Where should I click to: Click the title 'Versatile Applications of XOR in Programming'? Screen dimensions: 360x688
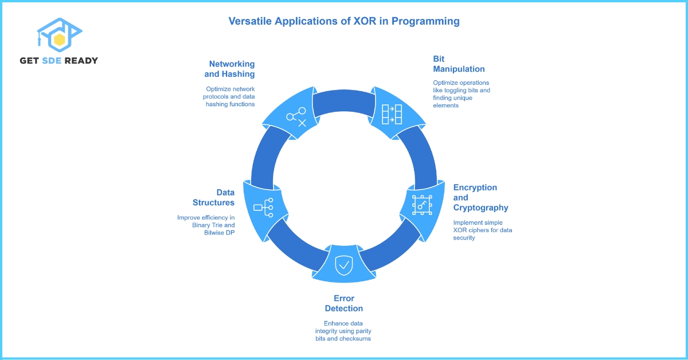point(344,21)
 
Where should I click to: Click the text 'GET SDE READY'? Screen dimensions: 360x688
point(58,61)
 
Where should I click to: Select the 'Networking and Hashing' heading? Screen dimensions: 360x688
point(231,69)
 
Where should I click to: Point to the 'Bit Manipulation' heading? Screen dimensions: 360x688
point(459,64)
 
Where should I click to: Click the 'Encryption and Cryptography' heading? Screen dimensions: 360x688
point(480,197)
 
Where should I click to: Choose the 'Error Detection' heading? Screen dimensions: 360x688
point(344,303)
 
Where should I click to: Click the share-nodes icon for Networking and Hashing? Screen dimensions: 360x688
point(296,116)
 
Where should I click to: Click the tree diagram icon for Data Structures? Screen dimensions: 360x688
point(263,207)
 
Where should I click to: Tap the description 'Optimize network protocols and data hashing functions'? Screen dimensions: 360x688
point(230,96)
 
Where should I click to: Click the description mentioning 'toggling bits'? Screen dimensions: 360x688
point(462,94)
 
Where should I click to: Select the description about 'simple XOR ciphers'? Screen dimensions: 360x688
point(483,230)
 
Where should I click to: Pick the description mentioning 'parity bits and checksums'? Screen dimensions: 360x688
point(344,331)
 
